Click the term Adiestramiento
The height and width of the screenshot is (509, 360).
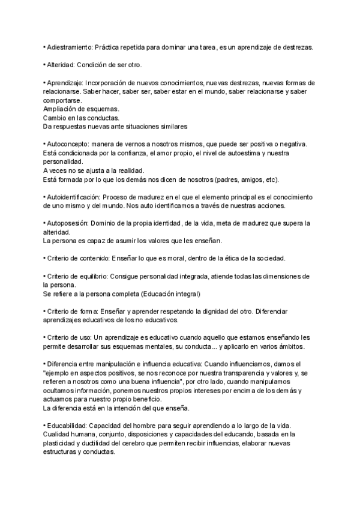click(69, 47)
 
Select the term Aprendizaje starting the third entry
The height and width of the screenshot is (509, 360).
click(64, 83)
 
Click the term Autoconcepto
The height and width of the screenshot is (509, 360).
click(67, 144)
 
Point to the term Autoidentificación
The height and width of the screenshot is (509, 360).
click(73, 197)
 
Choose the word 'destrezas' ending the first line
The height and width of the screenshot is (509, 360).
click(297, 47)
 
